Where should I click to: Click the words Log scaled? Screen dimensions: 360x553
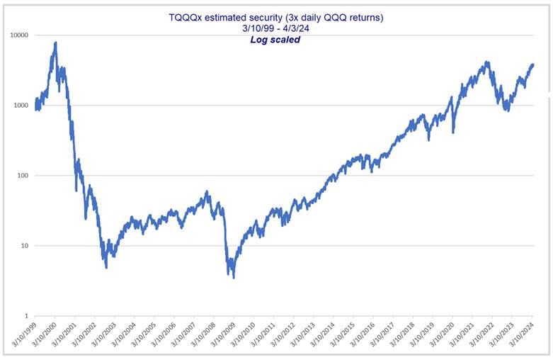(275, 40)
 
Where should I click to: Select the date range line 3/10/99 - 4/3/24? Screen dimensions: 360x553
(276, 28)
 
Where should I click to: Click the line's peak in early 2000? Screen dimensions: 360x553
(55, 43)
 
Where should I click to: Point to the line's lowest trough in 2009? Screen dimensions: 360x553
(234, 277)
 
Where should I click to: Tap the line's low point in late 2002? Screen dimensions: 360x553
(106, 267)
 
